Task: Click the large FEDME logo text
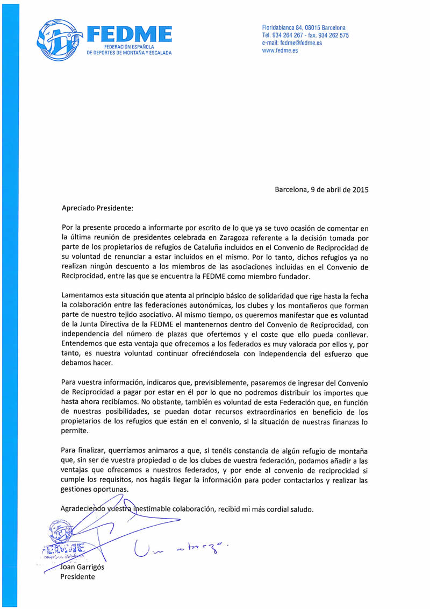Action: [129, 35]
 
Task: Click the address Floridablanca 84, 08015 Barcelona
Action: [304, 27]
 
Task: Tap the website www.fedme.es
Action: [280, 51]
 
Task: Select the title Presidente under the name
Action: [77, 577]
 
